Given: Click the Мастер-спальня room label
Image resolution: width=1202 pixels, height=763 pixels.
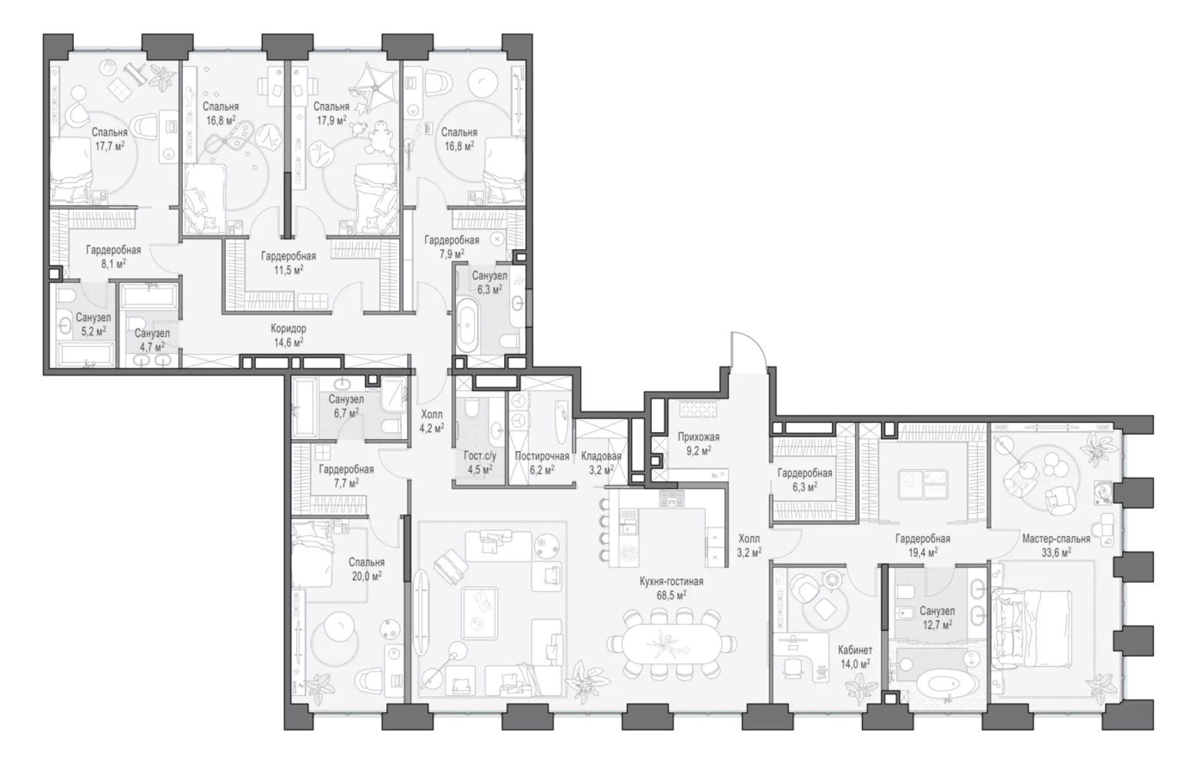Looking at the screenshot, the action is pos(1056,539).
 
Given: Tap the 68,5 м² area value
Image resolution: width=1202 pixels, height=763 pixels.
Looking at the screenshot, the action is pos(671,594).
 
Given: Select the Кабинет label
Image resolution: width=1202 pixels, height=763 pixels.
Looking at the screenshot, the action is pos(855,650).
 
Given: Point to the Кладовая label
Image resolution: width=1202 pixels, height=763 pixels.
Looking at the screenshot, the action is pos(601,456).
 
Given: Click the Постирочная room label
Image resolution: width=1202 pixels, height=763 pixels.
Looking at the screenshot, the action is pos(542,456).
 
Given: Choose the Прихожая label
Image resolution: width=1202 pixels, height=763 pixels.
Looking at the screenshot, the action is pos(699,437).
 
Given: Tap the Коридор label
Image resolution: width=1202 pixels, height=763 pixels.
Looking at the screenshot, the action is pos(289,329).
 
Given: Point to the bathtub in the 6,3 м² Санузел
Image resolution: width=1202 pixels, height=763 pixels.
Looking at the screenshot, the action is pos(468,326).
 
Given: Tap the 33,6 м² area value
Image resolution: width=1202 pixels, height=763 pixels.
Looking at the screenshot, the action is pos(1056,552).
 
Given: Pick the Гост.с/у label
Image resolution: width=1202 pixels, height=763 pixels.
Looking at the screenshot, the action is pos(480,456).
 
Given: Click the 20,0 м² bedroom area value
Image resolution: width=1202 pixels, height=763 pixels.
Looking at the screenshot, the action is pos(367,576).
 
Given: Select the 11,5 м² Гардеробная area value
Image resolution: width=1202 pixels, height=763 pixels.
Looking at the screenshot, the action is pos(289,269).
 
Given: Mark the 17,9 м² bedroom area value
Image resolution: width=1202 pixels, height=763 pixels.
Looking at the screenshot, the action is pos(331,120).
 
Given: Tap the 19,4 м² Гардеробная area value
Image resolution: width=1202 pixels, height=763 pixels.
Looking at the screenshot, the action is pos(923,552).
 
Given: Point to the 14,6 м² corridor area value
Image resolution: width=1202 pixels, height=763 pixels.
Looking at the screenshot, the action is pos(289,342).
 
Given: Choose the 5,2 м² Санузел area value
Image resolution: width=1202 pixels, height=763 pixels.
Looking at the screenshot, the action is pos(93,331).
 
